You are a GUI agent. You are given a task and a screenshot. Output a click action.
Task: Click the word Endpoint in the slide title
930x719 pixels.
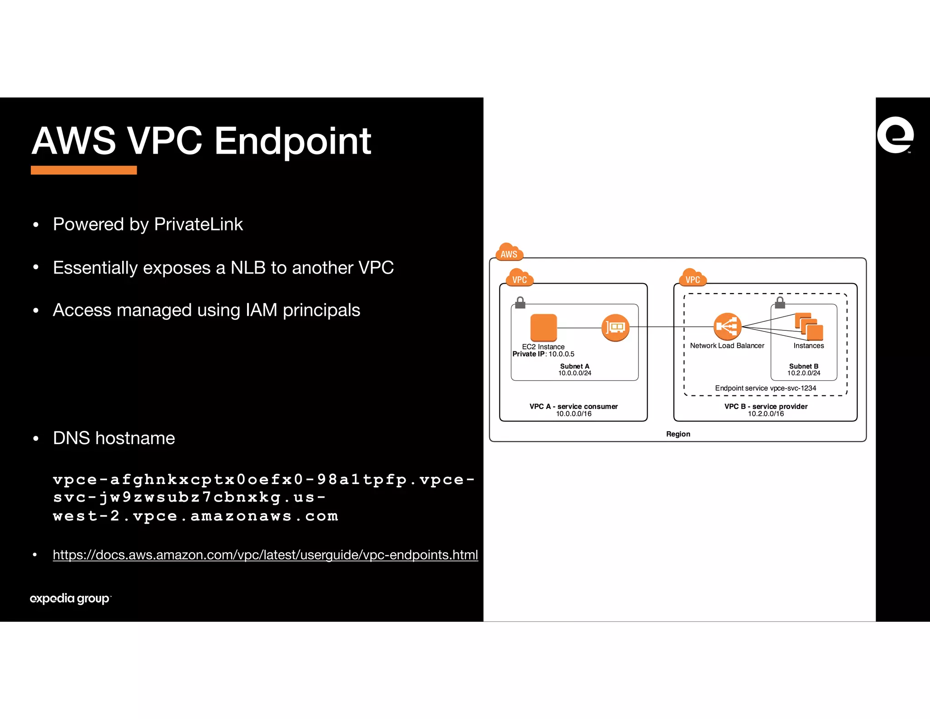point(292,142)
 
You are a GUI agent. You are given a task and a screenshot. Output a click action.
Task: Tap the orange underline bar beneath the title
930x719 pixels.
point(84,170)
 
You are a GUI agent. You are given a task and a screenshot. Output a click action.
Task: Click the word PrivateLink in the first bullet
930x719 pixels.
point(198,225)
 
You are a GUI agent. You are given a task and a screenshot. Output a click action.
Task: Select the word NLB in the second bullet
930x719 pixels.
point(248,268)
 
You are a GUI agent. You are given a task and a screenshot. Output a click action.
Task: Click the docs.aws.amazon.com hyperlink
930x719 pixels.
point(265,555)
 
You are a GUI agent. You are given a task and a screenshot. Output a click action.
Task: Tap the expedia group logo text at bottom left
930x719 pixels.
point(70,599)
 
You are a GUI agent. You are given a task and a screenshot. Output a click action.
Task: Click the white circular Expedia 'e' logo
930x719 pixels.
point(895,135)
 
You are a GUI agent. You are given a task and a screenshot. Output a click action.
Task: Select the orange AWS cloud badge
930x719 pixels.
point(509,252)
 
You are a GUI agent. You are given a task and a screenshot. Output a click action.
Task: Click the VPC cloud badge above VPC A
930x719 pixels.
point(519,278)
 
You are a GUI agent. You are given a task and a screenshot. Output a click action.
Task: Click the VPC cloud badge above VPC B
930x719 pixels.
point(693,278)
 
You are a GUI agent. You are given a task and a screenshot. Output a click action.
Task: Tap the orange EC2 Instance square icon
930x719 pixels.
point(544,327)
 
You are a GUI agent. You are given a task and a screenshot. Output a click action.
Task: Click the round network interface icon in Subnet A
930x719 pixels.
point(615,327)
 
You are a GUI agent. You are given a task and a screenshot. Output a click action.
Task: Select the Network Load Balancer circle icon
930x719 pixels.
point(727,326)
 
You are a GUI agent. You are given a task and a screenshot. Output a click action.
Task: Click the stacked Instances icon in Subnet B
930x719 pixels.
point(809,326)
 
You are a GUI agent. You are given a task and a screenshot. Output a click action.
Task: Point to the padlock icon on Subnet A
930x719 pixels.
point(520,302)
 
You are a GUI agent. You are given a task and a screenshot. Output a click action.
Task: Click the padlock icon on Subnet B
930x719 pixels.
point(780,302)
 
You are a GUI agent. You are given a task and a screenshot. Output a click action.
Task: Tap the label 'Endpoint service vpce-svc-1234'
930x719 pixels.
point(766,388)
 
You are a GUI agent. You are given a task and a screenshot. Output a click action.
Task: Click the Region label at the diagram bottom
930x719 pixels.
point(678,434)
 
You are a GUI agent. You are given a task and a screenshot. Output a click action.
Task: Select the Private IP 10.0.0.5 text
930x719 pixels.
point(544,354)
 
